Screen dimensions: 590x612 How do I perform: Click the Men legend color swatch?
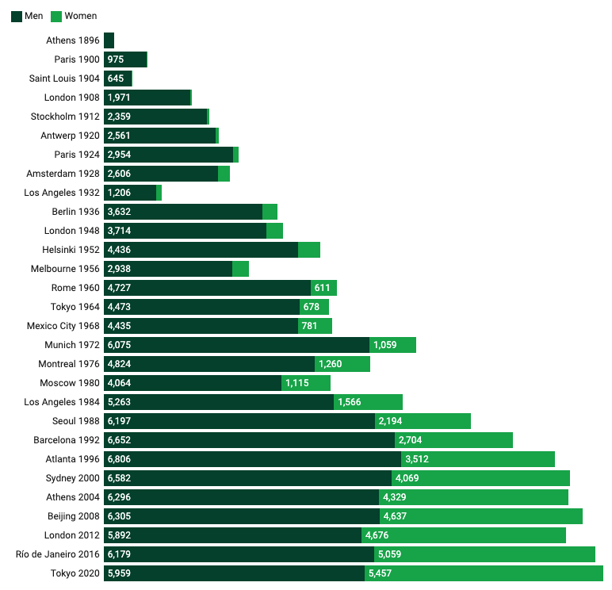(17, 16)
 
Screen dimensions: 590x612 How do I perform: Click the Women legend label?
(80, 16)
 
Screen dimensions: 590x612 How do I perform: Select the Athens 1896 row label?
(73, 40)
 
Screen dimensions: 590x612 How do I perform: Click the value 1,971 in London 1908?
(118, 98)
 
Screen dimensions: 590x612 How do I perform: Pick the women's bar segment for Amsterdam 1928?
(224, 174)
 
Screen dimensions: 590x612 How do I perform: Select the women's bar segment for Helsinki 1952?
(309, 250)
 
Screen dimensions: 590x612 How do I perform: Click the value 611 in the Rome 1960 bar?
(323, 288)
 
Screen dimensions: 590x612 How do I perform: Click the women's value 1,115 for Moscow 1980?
(297, 383)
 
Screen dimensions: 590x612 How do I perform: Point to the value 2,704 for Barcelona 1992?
(411, 440)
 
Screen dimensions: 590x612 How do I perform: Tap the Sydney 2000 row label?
(73, 478)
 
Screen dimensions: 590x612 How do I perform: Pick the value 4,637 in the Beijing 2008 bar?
(396, 516)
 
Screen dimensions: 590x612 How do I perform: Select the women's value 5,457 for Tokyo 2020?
(381, 573)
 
